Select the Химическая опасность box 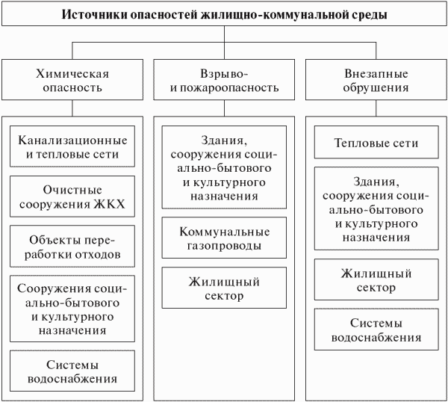click(x=72, y=80)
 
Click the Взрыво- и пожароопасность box click(x=224, y=80)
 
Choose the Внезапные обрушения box click(x=376, y=80)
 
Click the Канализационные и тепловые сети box click(x=72, y=146)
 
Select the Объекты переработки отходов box click(x=72, y=246)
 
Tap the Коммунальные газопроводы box click(x=224, y=238)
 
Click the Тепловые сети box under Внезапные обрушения click(x=376, y=142)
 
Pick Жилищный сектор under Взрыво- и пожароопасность click(x=224, y=288)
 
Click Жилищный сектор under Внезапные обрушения click(x=376, y=279)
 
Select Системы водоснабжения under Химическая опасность click(x=72, y=371)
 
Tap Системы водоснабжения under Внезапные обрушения click(x=376, y=330)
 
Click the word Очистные click(x=72, y=190)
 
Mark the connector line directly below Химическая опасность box click(x=72, y=108)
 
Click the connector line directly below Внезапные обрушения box click(x=376, y=108)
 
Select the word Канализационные click(x=72, y=140)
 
